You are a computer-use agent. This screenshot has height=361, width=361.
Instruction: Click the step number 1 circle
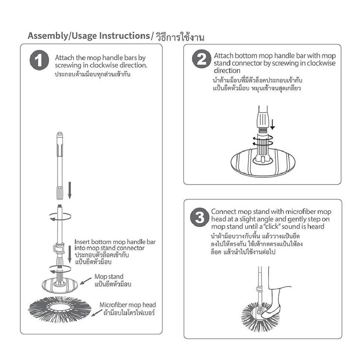pos(39,60)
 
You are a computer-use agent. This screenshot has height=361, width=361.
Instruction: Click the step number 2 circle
pos(202,59)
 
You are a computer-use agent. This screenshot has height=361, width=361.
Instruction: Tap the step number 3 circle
pos(200,217)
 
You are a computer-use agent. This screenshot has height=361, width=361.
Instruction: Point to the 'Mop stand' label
pos(109,276)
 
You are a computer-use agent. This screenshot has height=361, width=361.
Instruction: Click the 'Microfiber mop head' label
pos(128,305)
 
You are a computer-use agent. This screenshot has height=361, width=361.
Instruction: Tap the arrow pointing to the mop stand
pos(86,281)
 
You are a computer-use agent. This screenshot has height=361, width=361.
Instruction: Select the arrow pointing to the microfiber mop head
pos(97,312)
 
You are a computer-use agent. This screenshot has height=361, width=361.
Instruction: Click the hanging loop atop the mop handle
pos(60,134)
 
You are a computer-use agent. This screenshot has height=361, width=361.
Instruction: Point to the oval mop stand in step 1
pos(60,284)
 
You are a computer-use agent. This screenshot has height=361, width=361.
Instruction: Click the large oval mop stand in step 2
pos(263,163)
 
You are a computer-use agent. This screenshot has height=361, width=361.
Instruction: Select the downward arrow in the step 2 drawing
pos(272,124)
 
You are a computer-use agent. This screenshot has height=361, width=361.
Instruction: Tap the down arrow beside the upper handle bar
pos(69,190)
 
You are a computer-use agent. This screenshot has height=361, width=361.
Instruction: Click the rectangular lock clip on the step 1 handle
pos(58,248)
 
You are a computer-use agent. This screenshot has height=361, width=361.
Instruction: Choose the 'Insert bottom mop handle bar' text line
pos(115,242)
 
